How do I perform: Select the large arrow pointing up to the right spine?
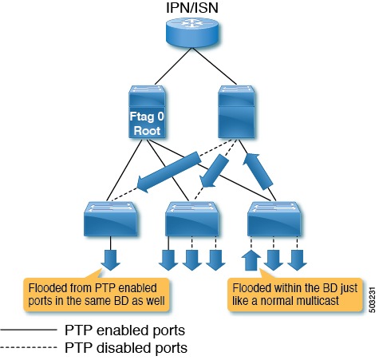pos(260,177)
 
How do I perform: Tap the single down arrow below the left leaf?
pos(111,260)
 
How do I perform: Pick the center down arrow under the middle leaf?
pos(191,260)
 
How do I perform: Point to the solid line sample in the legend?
pos(28,330)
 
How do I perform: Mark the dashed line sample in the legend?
pos(28,347)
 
